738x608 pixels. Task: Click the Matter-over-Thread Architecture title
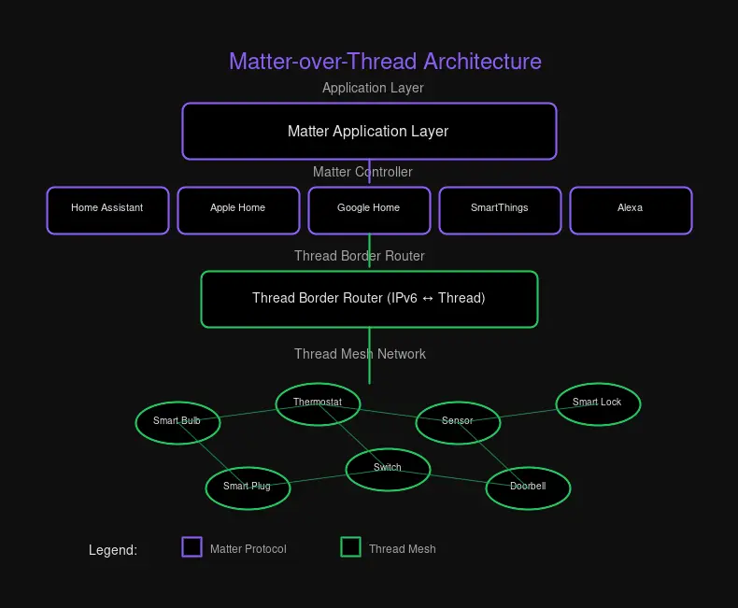pos(385,62)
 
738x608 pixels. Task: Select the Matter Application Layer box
pos(369,132)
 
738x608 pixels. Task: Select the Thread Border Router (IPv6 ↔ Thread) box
pos(369,299)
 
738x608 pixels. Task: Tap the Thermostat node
pos(318,403)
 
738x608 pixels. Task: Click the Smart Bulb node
pos(177,421)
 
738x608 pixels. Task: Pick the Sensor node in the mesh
pos(458,421)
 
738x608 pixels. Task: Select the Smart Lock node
pos(598,403)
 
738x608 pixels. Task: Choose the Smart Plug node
pos(248,487)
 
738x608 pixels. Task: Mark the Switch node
pos(388,468)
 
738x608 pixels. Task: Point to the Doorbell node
pos(528,487)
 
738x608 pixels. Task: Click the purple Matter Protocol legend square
pos(192,547)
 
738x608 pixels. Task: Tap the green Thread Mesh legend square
pos(350,547)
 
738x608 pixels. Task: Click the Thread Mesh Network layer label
pos(360,354)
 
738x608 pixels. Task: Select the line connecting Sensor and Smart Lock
pos(528,412)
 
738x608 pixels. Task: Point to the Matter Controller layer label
pos(362,172)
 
